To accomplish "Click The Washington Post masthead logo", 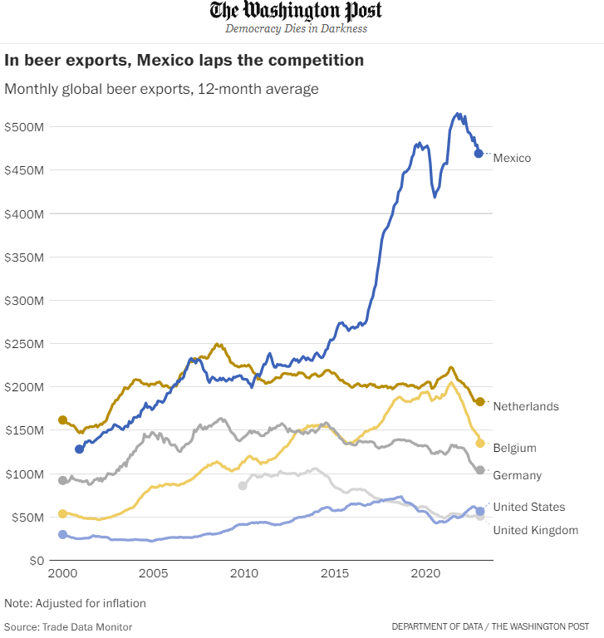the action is pos(296,11).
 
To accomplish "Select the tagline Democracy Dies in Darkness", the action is pos(297,28).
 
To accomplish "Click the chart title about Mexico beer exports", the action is pos(184,60).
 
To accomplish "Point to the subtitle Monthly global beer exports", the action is pos(161,89).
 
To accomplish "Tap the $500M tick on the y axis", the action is pos(24,127).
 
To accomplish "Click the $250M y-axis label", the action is pos(24,344).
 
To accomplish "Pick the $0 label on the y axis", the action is pos(37,561).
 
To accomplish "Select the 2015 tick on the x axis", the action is pos(335,573).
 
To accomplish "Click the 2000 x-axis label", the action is pos(62,573).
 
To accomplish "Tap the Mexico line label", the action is pos(512,158).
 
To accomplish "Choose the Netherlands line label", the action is pos(526,406).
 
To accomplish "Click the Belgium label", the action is pos(515,448).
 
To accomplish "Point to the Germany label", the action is pos(518,475).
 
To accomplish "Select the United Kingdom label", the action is pos(536,530).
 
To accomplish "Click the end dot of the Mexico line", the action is pos(479,154).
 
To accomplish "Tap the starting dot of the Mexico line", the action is pos(80,449).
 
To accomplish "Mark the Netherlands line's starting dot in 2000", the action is pos(62,420).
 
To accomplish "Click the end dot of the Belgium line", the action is pos(480,443).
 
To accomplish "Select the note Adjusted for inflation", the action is pos(75,603).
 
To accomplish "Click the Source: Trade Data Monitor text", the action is pos(68,627).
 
